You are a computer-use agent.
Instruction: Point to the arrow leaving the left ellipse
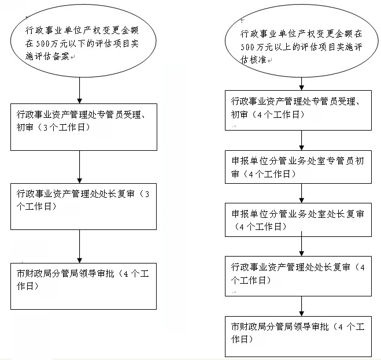coord(79,90)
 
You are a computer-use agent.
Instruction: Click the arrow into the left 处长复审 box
coord(79,167)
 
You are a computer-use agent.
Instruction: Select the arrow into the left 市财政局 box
coord(79,246)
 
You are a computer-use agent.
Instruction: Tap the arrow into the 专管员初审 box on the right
coord(302,140)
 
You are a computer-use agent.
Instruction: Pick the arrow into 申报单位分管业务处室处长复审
coord(302,192)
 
